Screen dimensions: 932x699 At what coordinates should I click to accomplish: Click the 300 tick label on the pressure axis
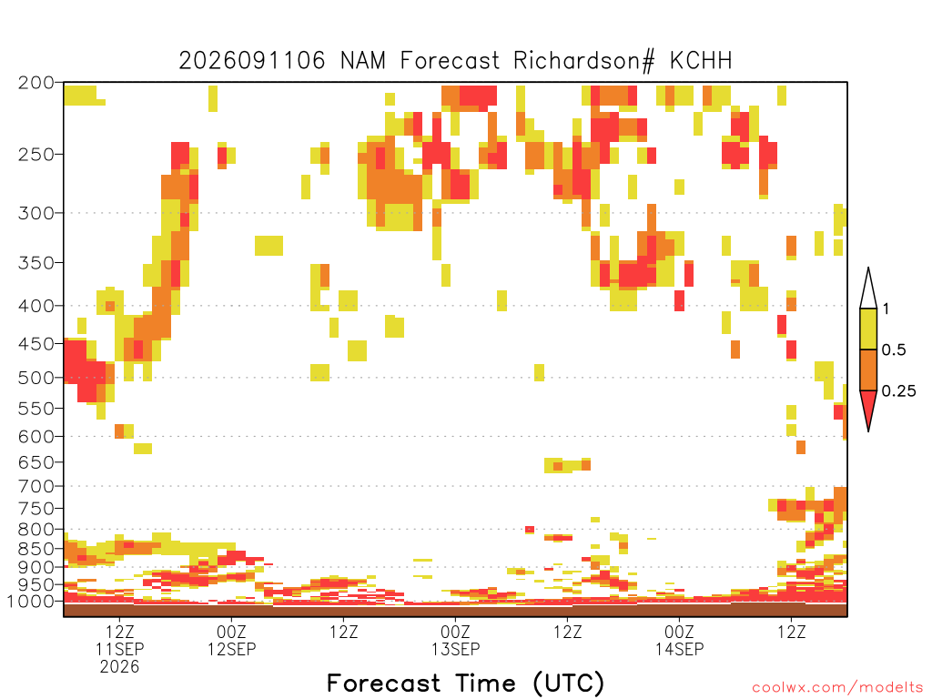[x=36, y=213]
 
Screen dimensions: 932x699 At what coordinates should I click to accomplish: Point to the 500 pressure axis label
[x=36, y=378]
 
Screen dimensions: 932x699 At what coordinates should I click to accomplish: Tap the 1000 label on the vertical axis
[x=32, y=601]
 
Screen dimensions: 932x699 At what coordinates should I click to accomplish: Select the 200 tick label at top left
[x=36, y=83]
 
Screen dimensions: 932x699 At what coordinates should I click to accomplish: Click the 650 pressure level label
[x=36, y=461]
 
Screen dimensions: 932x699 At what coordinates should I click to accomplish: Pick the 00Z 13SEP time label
[x=455, y=640]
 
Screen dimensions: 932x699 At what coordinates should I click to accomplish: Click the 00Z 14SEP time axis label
[x=679, y=640]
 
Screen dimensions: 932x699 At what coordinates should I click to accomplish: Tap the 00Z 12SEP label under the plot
[x=232, y=640]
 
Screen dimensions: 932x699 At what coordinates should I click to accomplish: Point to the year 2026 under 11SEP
[x=119, y=667]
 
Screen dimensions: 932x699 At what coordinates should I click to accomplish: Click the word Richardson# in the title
[x=583, y=61]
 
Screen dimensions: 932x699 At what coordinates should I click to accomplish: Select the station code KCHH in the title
[x=701, y=61]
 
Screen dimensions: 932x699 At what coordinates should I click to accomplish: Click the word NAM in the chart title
[x=362, y=61]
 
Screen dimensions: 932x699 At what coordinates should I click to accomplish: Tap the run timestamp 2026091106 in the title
[x=252, y=61]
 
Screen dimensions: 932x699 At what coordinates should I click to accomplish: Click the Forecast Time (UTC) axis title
[x=465, y=684]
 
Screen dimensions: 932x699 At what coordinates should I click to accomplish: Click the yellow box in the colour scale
[x=868, y=329]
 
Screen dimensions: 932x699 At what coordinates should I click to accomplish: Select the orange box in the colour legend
[x=868, y=370]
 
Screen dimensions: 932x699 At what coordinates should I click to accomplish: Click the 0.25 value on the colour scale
[x=898, y=391]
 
